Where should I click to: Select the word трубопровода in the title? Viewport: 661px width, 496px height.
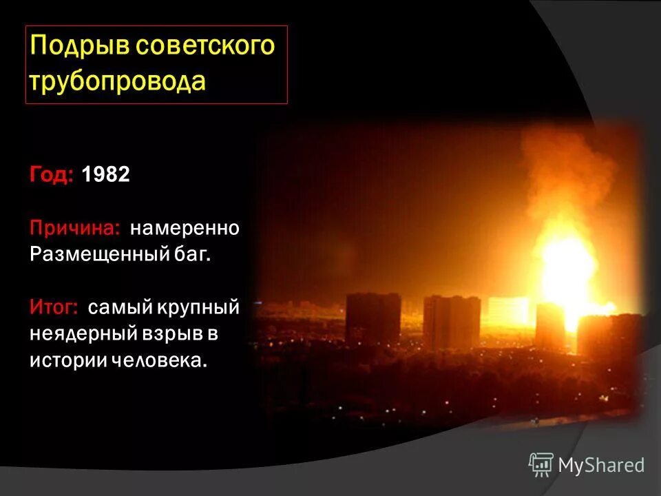(118, 81)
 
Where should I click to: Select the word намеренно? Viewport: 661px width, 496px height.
(185, 227)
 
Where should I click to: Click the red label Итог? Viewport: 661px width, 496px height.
(54, 307)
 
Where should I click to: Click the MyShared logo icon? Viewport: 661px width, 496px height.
(541, 465)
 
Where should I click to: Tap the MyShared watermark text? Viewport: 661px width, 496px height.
(601, 466)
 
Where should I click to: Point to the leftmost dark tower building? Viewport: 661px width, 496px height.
(373, 320)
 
